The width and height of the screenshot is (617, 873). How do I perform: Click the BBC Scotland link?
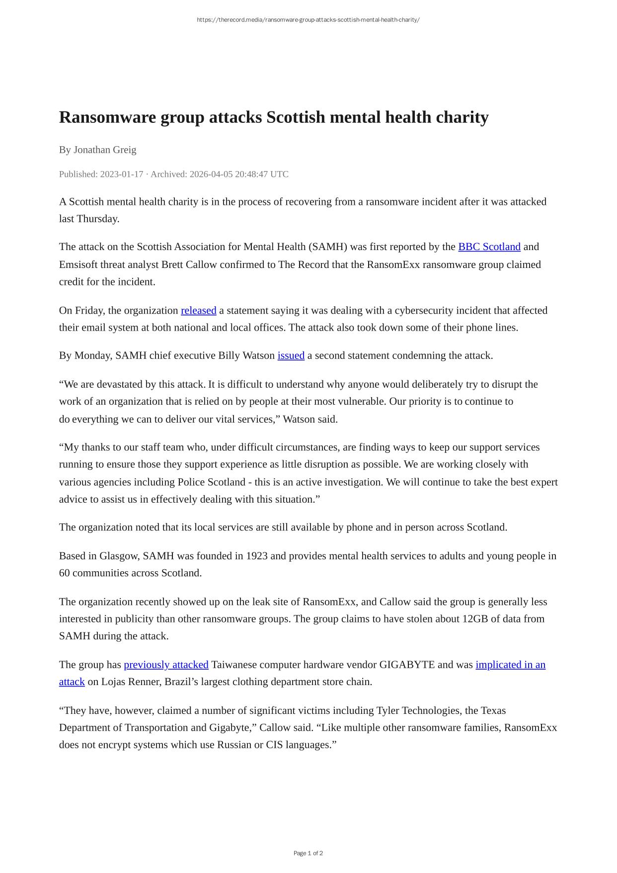489,247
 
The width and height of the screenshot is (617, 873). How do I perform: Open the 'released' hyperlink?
198,311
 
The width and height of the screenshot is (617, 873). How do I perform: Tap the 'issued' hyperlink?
291,355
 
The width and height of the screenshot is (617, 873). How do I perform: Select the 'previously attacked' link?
166,665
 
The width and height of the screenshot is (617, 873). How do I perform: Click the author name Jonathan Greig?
105,150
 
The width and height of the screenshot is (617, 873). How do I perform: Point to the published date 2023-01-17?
121,174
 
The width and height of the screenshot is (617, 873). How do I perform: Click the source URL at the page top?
308,20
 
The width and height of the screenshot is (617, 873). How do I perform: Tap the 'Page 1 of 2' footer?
308,853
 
